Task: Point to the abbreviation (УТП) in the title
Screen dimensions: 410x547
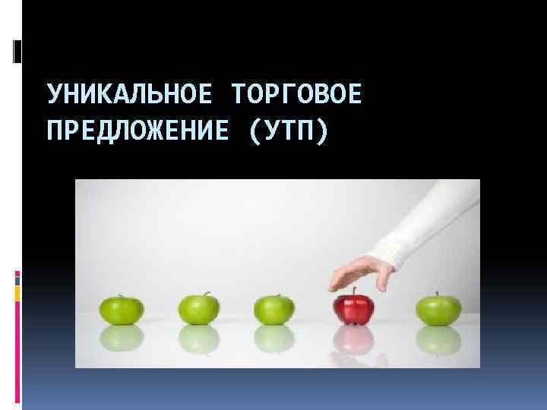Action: click(x=289, y=130)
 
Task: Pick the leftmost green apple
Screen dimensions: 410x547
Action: click(x=122, y=308)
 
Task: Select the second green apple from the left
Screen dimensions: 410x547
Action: click(x=199, y=308)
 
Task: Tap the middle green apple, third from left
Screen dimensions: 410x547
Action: click(x=273, y=308)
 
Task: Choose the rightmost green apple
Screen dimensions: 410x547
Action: click(x=438, y=308)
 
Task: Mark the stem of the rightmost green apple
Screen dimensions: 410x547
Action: click(x=437, y=295)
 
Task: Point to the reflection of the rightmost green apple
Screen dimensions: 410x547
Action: click(x=438, y=339)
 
